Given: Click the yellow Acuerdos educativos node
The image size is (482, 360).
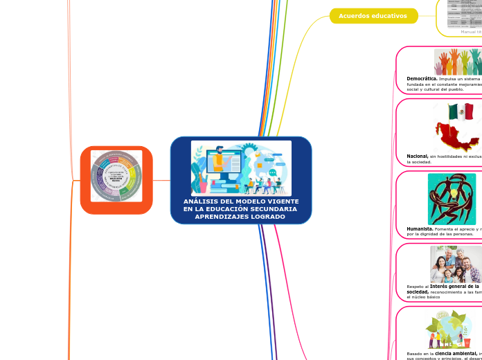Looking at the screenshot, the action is (373, 16).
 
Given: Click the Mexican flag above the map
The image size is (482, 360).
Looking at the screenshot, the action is (461, 111).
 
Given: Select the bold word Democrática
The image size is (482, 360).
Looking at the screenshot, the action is (422, 79).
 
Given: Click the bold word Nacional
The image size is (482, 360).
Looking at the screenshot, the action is (417, 156).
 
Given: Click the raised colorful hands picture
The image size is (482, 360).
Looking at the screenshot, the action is (457, 62).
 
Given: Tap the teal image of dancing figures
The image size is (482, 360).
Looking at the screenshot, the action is (452, 199).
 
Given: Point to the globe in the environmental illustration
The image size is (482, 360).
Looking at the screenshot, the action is (449, 326).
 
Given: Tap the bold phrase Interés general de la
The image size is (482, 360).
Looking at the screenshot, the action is (454, 286).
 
